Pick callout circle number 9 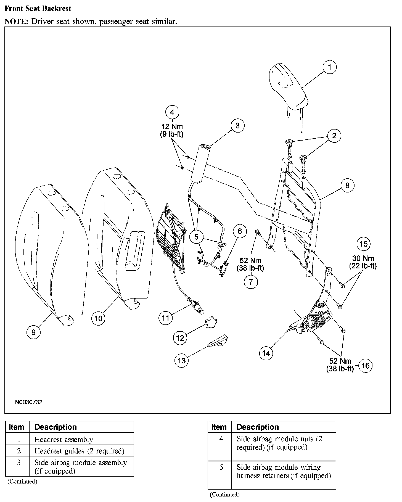pos(33,332)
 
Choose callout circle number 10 pos(98,318)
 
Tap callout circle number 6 pos(239,231)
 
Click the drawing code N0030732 pos(29,402)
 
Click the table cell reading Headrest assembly pos(64,440)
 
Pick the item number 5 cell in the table pos(221,467)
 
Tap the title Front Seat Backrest pos(38,8)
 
